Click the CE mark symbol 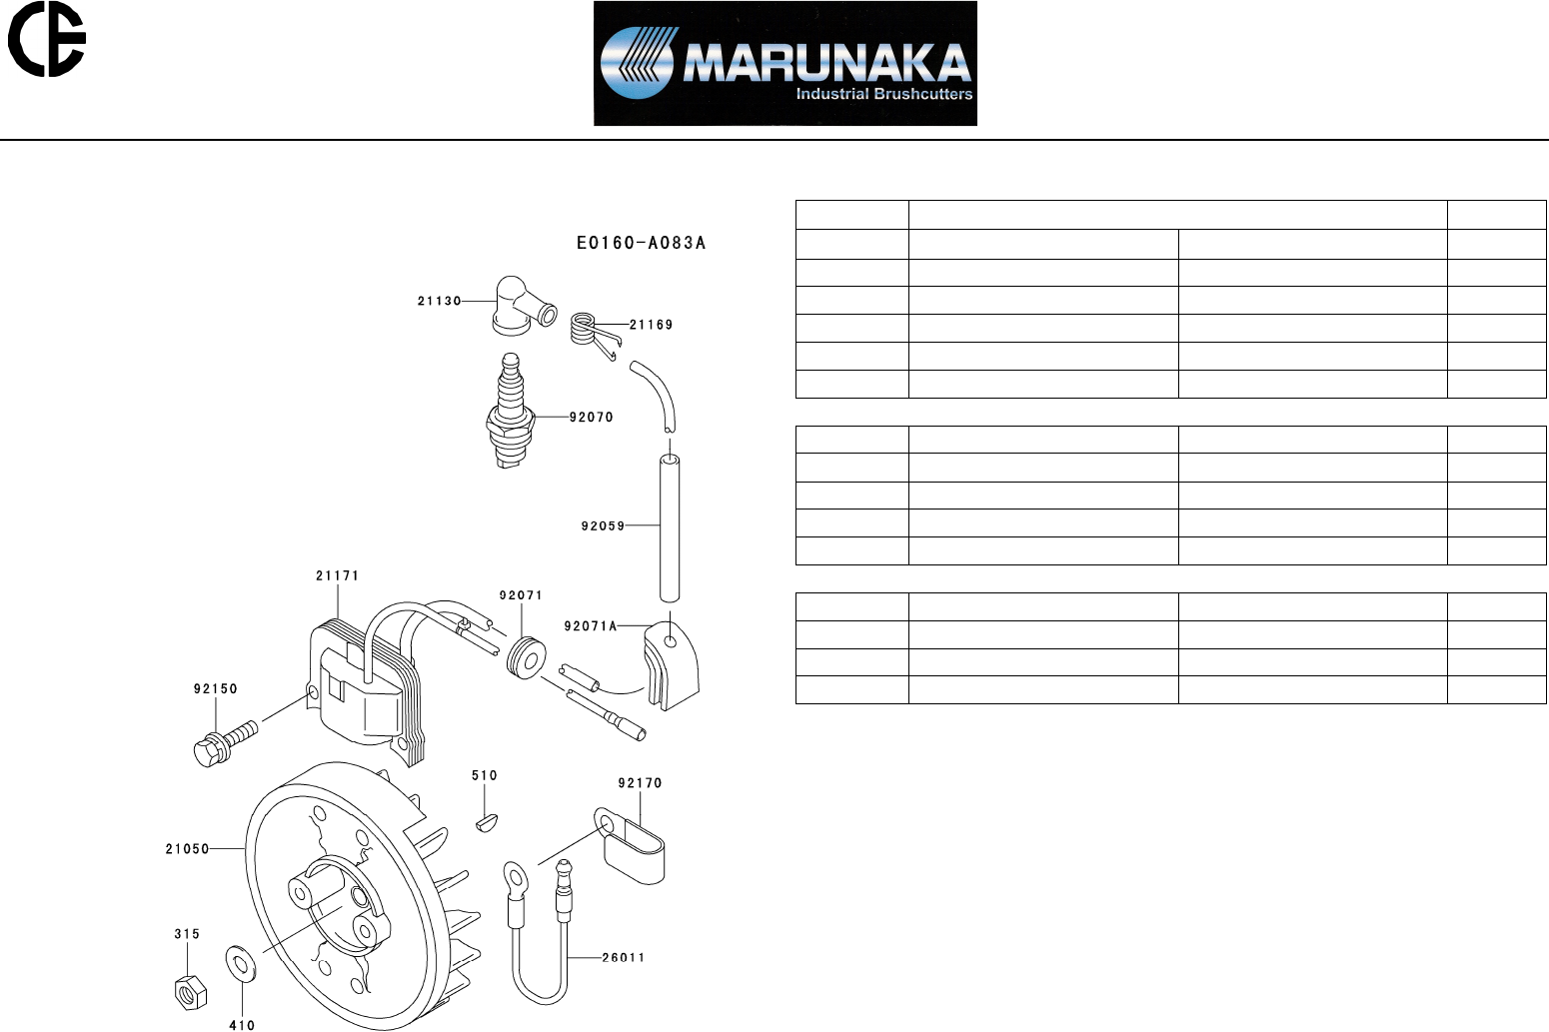(46, 39)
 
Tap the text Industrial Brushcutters (883, 94)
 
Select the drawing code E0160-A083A (641, 243)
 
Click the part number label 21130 (439, 301)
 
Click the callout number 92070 (592, 417)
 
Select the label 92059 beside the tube (603, 526)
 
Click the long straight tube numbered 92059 (670, 527)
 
